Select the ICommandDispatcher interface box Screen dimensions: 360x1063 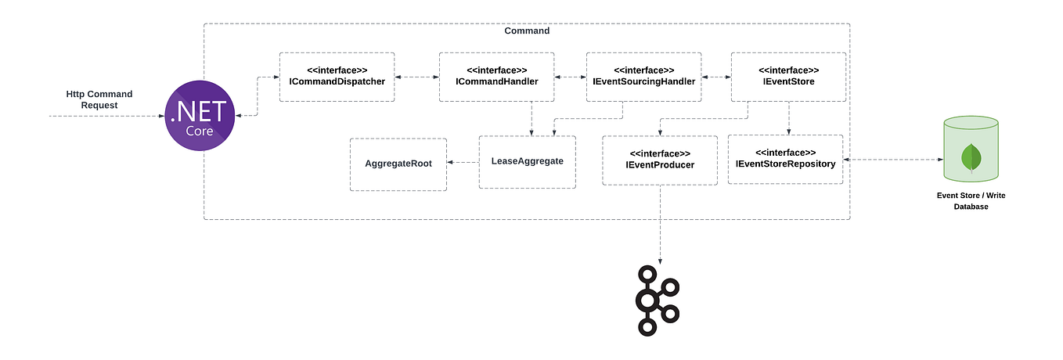click(337, 77)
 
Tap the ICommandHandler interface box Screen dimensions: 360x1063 click(496, 77)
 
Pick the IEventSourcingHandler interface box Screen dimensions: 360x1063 click(643, 77)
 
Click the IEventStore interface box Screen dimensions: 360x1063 click(788, 77)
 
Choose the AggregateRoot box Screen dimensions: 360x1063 click(398, 164)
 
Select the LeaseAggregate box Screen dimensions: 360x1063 click(527, 162)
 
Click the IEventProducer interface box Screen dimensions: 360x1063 click(659, 160)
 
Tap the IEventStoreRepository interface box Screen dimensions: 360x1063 click(785, 159)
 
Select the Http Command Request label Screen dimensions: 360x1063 click(99, 99)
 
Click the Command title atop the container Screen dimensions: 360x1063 click(527, 31)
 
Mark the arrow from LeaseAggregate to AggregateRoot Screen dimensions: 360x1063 click(463, 163)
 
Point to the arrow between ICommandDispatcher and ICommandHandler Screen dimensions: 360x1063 click(416, 77)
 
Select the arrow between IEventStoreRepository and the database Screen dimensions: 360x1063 click(892, 160)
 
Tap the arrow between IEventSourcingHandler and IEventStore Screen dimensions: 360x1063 click(716, 77)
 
